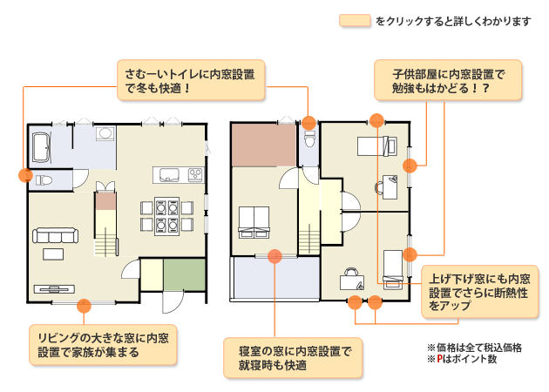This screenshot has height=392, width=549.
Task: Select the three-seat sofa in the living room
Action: coord(55,235)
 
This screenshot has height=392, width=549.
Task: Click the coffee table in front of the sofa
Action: coord(54,254)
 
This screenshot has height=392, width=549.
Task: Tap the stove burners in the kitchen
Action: coord(193,175)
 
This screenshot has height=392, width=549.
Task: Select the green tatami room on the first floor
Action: coord(184,274)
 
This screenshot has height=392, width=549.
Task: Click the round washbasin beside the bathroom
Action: coord(105,134)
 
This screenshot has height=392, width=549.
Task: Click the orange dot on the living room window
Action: coord(85,305)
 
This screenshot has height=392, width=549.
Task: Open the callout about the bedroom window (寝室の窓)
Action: coord(293,357)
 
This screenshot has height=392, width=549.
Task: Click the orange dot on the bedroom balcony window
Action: coord(274,256)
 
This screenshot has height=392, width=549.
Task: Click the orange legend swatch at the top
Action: coord(355,20)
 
